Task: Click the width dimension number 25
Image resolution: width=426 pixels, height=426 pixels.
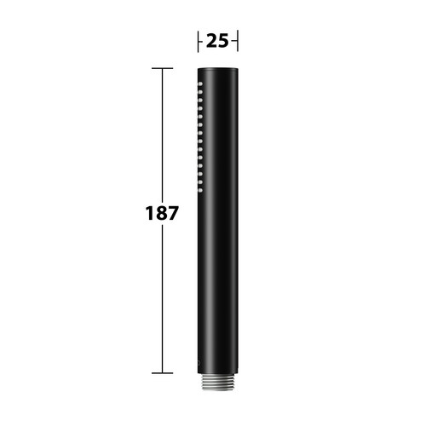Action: [217, 41]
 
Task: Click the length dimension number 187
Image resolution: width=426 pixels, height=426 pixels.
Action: [162, 213]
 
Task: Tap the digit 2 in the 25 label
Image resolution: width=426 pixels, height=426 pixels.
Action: [212, 41]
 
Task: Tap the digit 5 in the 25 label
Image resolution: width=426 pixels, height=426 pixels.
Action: [223, 41]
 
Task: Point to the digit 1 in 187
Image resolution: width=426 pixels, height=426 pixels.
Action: [149, 213]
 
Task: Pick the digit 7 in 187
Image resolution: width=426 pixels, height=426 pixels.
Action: [173, 213]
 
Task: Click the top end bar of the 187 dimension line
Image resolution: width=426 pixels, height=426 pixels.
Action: [162, 68]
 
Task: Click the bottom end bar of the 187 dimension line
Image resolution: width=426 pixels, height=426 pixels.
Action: [162, 373]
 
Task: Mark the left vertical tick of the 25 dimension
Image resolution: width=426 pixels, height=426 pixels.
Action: [198, 42]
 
